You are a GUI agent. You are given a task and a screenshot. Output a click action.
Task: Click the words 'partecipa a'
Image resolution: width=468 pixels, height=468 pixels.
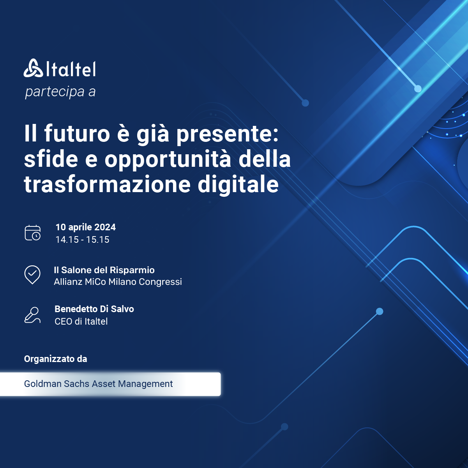(60, 92)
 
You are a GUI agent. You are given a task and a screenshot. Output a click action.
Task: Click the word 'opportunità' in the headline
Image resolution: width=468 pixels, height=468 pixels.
(168, 160)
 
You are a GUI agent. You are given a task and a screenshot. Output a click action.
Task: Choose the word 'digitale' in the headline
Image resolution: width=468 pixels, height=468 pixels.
(238, 185)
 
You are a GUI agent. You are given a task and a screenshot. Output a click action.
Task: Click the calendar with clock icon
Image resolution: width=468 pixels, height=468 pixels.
(33, 233)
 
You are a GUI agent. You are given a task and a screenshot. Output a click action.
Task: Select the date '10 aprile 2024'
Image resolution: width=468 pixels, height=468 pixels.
(86, 227)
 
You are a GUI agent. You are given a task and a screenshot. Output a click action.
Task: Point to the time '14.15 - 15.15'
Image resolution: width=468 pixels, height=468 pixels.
(82, 240)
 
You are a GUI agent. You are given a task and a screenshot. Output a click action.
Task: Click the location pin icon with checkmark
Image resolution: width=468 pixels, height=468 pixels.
(32, 275)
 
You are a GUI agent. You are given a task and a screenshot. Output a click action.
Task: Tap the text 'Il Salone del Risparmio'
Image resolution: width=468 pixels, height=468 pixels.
(104, 270)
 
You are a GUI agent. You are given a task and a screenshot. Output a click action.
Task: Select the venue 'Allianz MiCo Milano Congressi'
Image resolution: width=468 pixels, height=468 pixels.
(118, 282)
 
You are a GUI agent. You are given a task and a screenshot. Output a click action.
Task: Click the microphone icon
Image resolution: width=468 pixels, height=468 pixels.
(32, 315)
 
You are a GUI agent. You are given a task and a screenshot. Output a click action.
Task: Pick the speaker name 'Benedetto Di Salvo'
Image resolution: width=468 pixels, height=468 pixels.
(94, 309)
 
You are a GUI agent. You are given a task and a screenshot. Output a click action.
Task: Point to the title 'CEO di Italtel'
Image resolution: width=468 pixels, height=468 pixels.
(81, 321)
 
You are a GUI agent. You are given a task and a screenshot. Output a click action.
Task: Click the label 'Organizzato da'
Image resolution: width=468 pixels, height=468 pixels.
(56, 359)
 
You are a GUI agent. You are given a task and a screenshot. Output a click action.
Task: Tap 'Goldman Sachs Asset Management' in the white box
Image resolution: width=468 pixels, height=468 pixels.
(98, 384)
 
